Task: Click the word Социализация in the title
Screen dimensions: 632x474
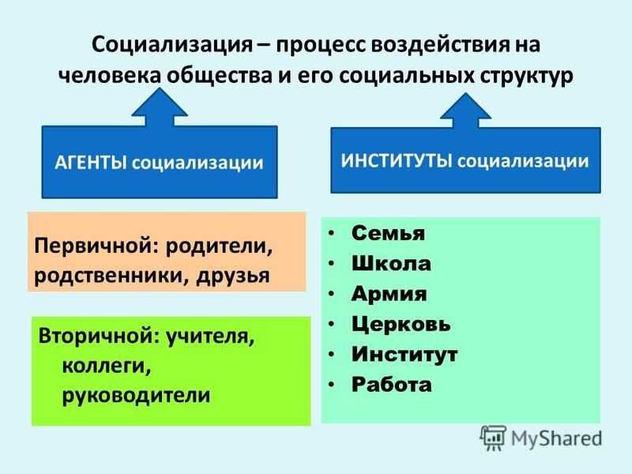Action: [x=171, y=45]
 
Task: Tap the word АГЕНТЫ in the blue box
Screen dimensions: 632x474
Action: [x=90, y=163]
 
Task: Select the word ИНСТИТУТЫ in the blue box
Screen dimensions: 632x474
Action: [x=397, y=160]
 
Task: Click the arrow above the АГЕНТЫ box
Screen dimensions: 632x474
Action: [x=160, y=107]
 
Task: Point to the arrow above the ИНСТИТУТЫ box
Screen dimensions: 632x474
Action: [x=465, y=111]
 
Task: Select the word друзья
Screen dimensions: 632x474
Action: [x=233, y=276]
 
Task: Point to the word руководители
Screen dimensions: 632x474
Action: [x=136, y=395]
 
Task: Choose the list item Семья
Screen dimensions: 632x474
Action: [x=388, y=233]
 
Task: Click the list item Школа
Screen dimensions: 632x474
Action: [x=391, y=264]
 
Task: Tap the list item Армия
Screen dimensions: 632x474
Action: [x=389, y=294]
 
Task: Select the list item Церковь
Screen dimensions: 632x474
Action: [x=401, y=324]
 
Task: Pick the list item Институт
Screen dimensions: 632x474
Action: [x=404, y=354]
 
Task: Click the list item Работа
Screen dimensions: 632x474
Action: [x=391, y=384]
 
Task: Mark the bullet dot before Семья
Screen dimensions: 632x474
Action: [x=331, y=234]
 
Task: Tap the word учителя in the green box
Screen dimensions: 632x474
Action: [x=210, y=335]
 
